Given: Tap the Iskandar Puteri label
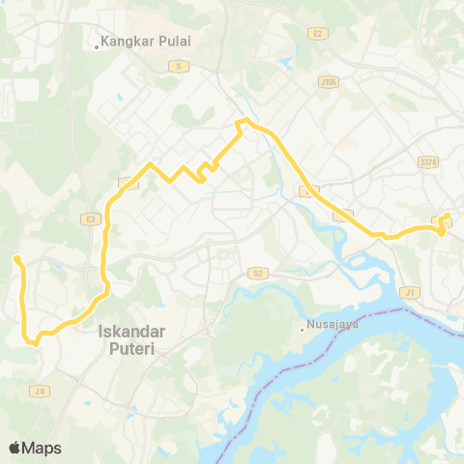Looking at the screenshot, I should [132, 339].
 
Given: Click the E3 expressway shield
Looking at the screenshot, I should [91, 220].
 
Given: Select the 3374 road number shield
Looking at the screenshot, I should [429, 162].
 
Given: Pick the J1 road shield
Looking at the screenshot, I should [413, 291].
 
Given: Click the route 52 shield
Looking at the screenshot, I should [255, 274].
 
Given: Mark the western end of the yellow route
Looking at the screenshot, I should [16, 258].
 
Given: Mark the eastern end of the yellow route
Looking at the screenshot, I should [449, 217].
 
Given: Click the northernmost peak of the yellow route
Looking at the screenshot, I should [245, 120].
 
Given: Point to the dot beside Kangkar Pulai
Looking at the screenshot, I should [98, 43].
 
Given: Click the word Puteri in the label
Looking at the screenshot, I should [132, 348].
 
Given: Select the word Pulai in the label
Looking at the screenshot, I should [174, 43].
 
